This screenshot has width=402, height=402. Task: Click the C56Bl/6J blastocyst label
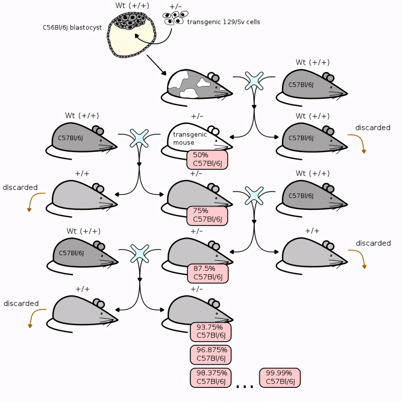click(72, 28)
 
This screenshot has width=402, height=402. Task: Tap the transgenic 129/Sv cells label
click(223, 22)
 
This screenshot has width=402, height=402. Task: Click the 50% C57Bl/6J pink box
click(207, 159)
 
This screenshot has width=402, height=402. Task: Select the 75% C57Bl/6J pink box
click(207, 215)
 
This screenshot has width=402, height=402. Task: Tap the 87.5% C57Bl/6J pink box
click(208, 273)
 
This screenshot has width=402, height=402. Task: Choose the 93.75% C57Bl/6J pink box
click(210, 331)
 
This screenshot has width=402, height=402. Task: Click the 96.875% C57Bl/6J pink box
click(210, 354)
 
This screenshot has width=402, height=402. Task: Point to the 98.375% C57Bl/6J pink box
click(210, 377)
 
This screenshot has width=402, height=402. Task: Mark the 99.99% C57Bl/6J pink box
click(280, 377)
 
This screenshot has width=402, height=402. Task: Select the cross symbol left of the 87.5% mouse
click(140, 253)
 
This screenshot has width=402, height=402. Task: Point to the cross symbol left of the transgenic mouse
click(139, 138)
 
